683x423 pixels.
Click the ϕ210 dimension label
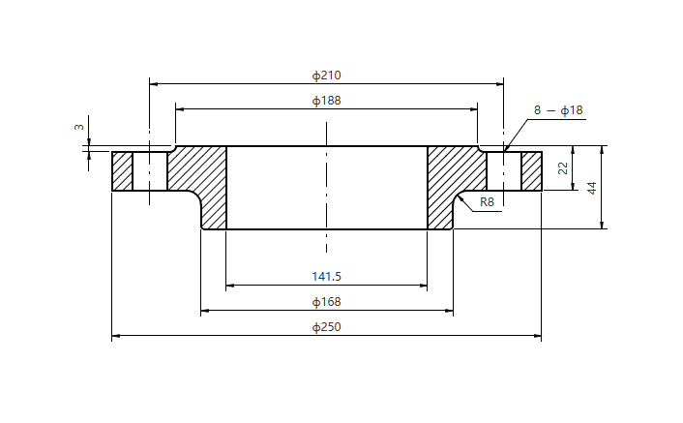(326, 75)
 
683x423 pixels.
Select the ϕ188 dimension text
(326, 100)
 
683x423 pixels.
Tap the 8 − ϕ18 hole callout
(558, 110)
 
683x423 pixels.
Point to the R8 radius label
(488, 202)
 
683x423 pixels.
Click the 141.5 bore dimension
(326, 277)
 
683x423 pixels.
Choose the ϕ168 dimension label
(326, 302)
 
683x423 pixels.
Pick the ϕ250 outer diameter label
(326, 327)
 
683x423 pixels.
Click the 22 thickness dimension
(563, 168)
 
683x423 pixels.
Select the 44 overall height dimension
(592, 187)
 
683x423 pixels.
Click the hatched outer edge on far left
(122, 171)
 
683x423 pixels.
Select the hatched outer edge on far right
(532, 171)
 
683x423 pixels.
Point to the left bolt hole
(150, 171)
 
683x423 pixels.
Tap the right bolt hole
(504, 171)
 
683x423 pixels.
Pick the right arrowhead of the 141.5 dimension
(423, 287)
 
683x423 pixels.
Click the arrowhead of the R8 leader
(461, 195)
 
